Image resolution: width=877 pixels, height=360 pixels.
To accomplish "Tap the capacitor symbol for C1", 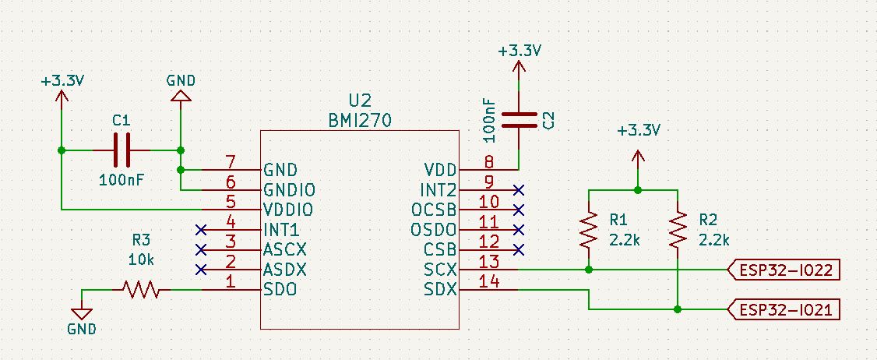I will (x=121, y=150).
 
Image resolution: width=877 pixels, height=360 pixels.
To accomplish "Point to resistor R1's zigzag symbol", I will (x=589, y=229).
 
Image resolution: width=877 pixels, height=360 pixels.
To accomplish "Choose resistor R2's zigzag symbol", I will (x=678, y=229).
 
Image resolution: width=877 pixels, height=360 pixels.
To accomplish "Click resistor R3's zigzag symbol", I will (x=141, y=291).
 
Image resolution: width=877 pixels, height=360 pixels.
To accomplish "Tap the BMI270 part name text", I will (x=360, y=121).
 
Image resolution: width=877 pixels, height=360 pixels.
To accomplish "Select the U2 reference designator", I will (x=360, y=101).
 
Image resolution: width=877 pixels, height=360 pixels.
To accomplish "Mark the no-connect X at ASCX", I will (x=201, y=249).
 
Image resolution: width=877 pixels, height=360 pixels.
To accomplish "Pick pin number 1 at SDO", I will (x=230, y=281).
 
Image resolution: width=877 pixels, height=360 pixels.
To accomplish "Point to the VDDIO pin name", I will (x=288, y=210).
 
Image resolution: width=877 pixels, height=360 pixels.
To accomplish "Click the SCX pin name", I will (x=439, y=270).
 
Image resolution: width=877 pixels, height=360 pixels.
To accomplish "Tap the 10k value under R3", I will (x=142, y=258).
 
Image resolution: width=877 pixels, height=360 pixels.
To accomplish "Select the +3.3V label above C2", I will (x=520, y=51).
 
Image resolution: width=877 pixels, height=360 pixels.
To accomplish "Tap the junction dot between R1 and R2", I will (x=638, y=189).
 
